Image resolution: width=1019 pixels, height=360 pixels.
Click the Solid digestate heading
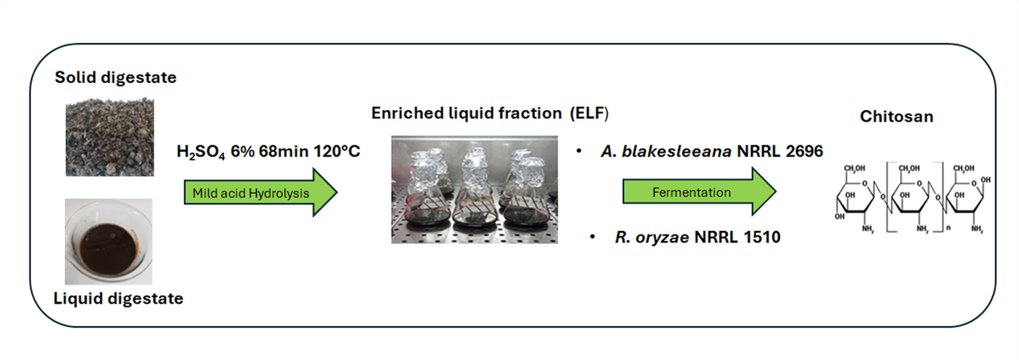pyautogui.click(x=115, y=78)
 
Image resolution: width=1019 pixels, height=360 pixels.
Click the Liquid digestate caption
pyautogui.click(x=118, y=298)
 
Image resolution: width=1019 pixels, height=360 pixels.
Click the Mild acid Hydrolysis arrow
pyautogui.click(x=259, y=193)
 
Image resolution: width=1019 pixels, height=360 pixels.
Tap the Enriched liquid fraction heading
pyautogui.click(x=464, y=113)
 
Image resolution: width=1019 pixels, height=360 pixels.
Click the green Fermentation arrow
pyautogui.click(x=699, y=192)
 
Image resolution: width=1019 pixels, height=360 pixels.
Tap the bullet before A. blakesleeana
pyautogui.click(x=579, y=152)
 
